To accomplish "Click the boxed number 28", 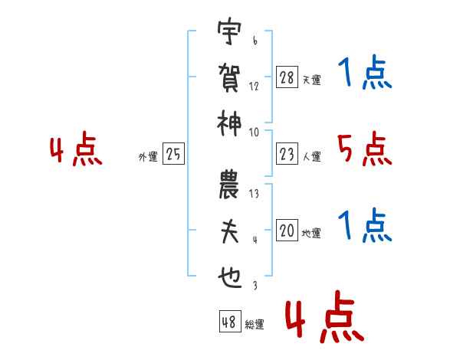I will pyautogui.click(x=287, y=77).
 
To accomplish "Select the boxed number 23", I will pyautogui.click(x=287, y=155).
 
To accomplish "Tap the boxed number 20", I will pyautogui.click(x=287, y=231).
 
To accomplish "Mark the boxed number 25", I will pyautogui.click(x=173, y=155).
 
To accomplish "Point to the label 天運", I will pyautogui.click(x=311, y=80).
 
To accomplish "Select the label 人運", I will pyautogui.click(x=311, y=157).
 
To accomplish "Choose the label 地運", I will pyautogui.click(x=311, y=233).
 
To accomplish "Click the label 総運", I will pyautogui.click(x=254, y=325).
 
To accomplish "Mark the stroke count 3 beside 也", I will pyautogui.click(x=254, y=286).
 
